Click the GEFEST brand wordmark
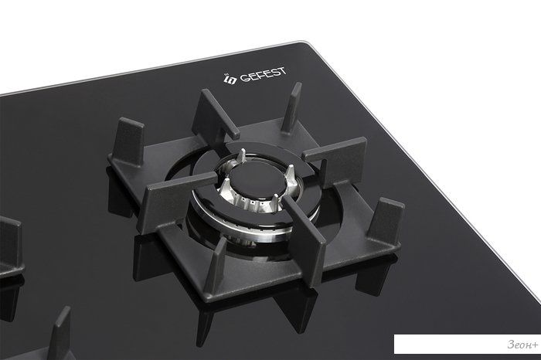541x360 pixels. [263, 75]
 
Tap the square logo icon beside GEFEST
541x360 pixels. [230, 80]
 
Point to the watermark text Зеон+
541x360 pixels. [522, 344]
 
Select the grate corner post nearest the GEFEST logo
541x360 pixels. [292, 107]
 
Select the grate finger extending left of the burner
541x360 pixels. [176, 199]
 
